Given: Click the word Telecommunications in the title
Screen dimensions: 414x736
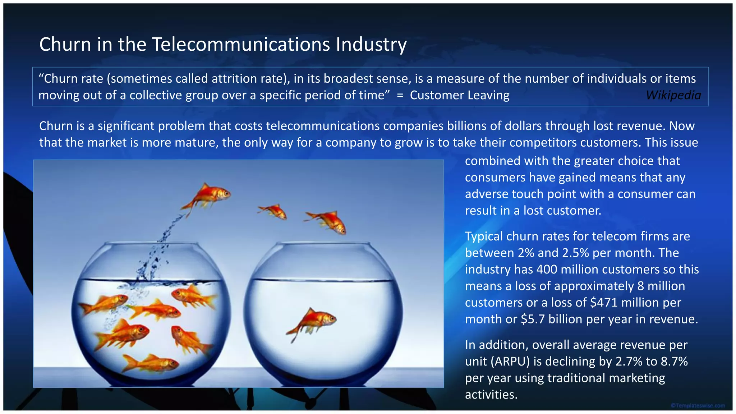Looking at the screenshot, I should [241, 45].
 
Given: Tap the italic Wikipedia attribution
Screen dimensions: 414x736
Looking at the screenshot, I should [673, 95].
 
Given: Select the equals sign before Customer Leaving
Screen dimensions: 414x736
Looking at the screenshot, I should [400, 96].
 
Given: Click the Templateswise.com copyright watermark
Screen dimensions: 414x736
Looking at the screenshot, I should [698, 406].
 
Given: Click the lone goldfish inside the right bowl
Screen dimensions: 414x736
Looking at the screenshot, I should [313, 321].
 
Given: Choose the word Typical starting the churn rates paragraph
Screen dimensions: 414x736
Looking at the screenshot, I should [484, 236].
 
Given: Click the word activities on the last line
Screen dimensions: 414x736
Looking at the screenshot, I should [491, 395].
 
